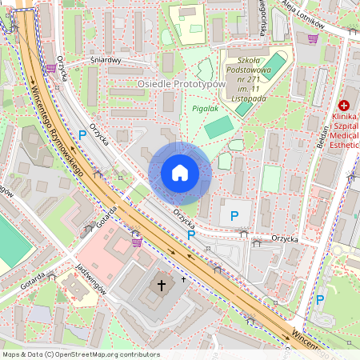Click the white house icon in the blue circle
(180, 172)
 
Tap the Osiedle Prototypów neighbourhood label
(182, 84)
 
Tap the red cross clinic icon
(344, 105)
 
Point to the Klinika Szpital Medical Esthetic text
(344, 131)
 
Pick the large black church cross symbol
(161, 285)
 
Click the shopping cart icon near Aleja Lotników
(314, 38)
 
